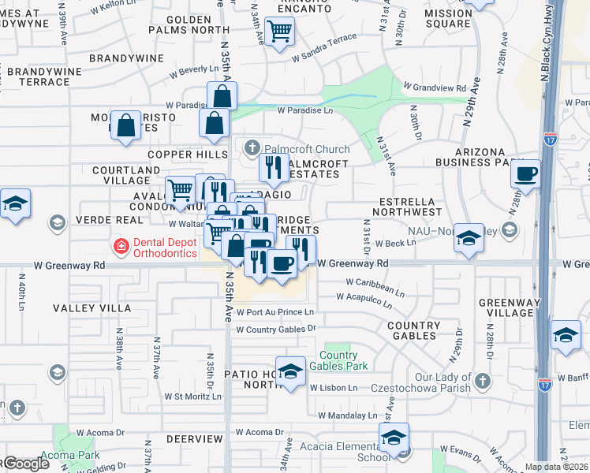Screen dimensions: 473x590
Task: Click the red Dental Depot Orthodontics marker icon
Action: (121, 246)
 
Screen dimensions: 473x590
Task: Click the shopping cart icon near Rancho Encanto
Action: (279, 32)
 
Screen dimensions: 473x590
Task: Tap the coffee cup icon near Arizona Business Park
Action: (525, 173)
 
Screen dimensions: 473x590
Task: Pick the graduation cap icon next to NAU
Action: (469, 239)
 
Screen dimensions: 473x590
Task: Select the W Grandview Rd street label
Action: (435, 87)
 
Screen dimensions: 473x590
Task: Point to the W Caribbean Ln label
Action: (375, 285)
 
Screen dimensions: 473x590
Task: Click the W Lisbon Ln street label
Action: (334, 388)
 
